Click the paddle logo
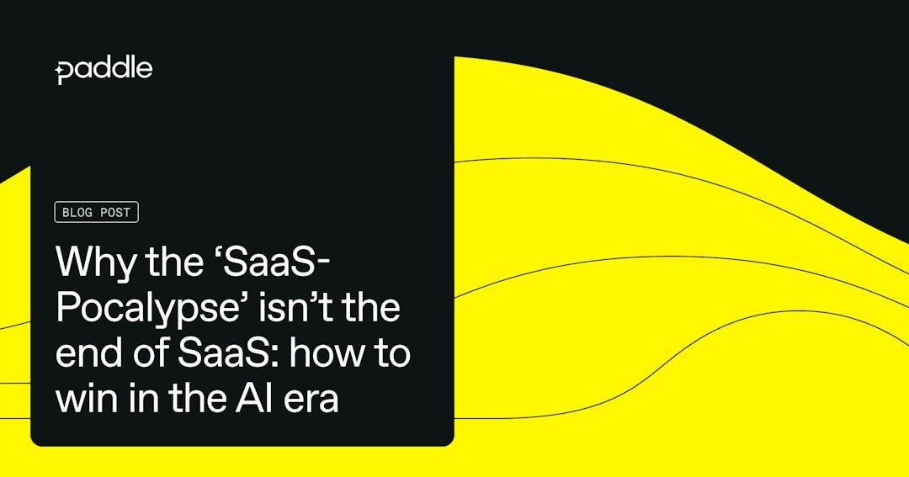104,70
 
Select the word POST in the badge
115,212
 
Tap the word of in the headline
151,353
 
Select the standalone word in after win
140,398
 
